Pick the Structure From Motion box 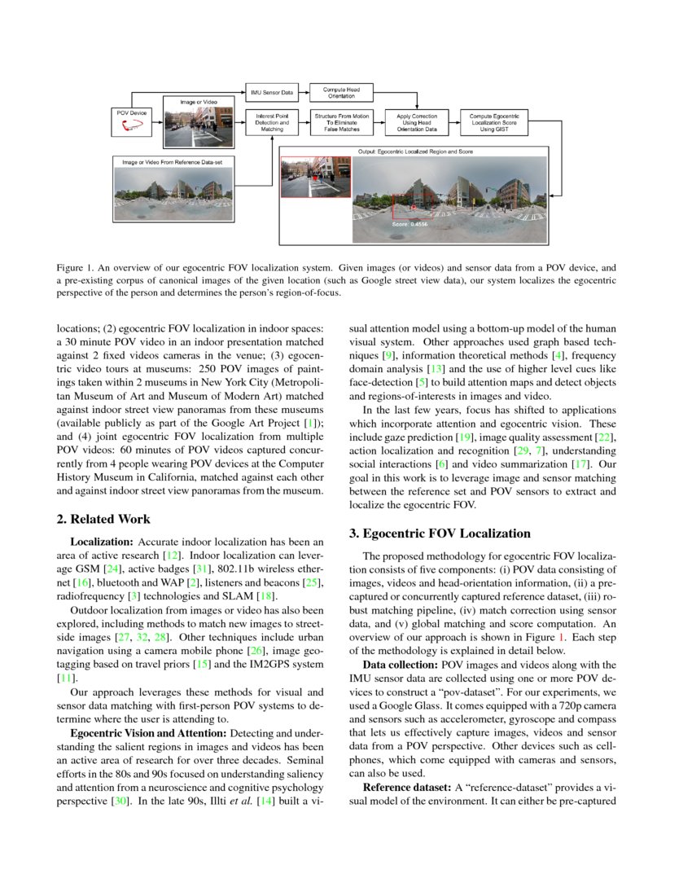[x=342, y=122]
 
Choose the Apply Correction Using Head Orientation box [x=417, y=122]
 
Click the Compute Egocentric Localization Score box [x=494, y=122]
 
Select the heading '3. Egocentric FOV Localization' [x=440, y=534]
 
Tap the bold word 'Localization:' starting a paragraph [x=103, y=542]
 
